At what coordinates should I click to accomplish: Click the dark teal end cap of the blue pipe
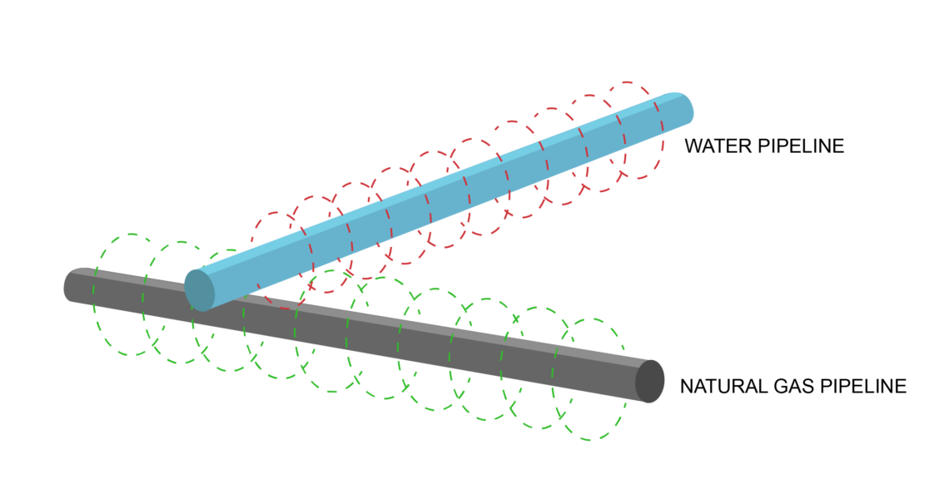[x=200, y=290]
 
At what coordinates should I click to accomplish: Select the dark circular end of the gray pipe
[x=649, y=382]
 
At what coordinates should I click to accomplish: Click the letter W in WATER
[x=693, y=146]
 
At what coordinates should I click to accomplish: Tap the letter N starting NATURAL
[x=687, y=386]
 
